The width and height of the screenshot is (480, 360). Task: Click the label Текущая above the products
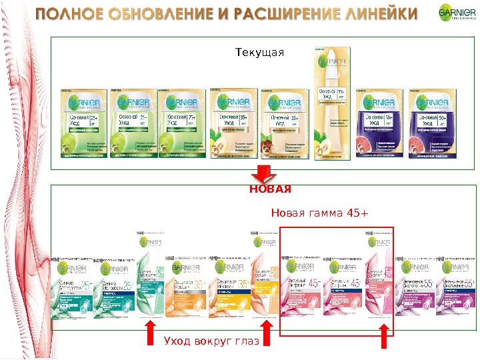coord(260,52)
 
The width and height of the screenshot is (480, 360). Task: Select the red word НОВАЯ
coord(270,189)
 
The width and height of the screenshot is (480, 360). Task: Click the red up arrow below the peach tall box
coord(266,335)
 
